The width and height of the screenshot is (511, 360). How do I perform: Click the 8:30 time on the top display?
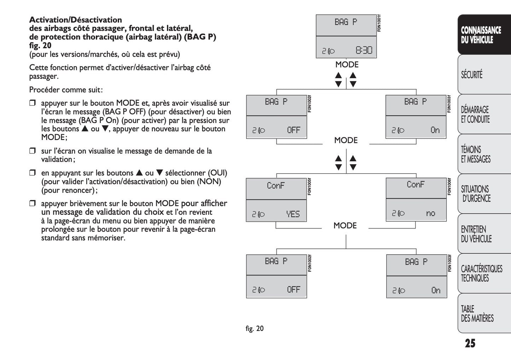click(364, 51)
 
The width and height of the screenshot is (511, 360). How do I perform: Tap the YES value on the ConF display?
click(293, 214)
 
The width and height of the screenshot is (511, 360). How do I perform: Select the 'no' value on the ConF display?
click(430, 213)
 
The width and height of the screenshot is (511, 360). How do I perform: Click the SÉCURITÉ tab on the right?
click(472, 75)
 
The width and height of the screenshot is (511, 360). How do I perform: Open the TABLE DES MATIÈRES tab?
click(477, 313)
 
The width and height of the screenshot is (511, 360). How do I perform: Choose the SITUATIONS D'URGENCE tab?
click(476, 194)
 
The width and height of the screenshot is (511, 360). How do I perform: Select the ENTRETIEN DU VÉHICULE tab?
click(476, 234)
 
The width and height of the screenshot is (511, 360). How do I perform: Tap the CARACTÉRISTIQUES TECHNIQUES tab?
click(481, 273)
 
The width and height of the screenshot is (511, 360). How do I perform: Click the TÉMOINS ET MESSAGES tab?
click(476, 154)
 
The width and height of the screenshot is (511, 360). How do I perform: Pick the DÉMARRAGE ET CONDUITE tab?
click(475, 114)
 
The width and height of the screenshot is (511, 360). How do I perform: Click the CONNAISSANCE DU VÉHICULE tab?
click(481, 35)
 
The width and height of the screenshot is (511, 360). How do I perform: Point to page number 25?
click(470, 343)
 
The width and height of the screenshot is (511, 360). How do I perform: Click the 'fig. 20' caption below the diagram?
click(255, 329)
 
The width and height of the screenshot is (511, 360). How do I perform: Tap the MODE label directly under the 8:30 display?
click(347, 65)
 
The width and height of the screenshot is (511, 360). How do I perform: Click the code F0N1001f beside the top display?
click(379, 23)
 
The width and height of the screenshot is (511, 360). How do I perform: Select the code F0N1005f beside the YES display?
click(309, 186)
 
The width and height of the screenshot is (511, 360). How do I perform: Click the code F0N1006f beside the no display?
click(449, 186)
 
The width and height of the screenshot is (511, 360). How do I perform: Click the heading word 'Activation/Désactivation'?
click(75, 20)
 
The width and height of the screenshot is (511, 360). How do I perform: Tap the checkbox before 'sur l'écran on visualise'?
click(33, 151)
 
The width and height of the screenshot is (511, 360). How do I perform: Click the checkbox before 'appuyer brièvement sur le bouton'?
click(33, 203)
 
